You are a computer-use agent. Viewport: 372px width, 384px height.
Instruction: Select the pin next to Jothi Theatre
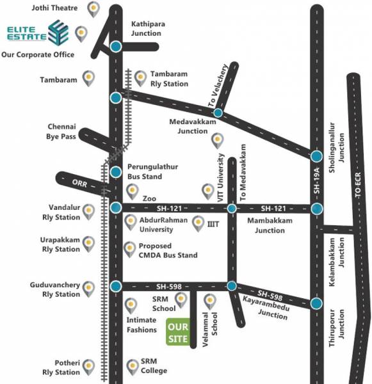click(x=94, y=8)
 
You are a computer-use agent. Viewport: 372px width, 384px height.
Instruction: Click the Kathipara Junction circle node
click(x=116, y=46)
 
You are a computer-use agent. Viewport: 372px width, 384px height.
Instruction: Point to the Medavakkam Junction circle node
click(x=218, y=113)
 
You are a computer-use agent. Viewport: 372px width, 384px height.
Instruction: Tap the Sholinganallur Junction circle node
click(x=316, y=156)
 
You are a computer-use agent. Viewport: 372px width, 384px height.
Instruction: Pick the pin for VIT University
click(x=207, y=190)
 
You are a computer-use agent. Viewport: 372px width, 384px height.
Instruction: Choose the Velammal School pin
click(x=209, y=300)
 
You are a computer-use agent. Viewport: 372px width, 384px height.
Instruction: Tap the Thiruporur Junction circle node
click(x=316, y=304)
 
